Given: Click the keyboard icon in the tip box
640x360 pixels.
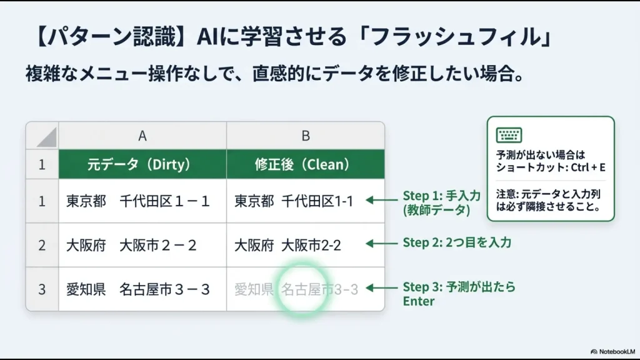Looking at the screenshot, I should [509, 135].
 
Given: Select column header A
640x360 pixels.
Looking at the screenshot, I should [142, 136].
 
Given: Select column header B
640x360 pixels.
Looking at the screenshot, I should [306, 136].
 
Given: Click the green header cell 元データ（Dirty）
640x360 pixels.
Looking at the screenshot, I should [142, 165].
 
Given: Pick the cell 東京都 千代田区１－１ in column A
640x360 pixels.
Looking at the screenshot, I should [138, 201].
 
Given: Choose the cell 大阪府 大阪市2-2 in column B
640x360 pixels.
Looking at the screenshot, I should [288, 245].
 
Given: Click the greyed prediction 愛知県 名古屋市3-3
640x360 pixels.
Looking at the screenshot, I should [296, 289].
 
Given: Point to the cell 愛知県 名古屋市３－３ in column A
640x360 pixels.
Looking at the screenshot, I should [138, 289].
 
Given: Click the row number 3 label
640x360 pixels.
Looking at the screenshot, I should [42, 289].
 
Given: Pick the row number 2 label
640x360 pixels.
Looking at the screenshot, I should [42, 245].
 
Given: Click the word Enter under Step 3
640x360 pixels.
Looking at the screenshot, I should [419, 301].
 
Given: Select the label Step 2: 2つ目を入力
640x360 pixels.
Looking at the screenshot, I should [457, 242].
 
